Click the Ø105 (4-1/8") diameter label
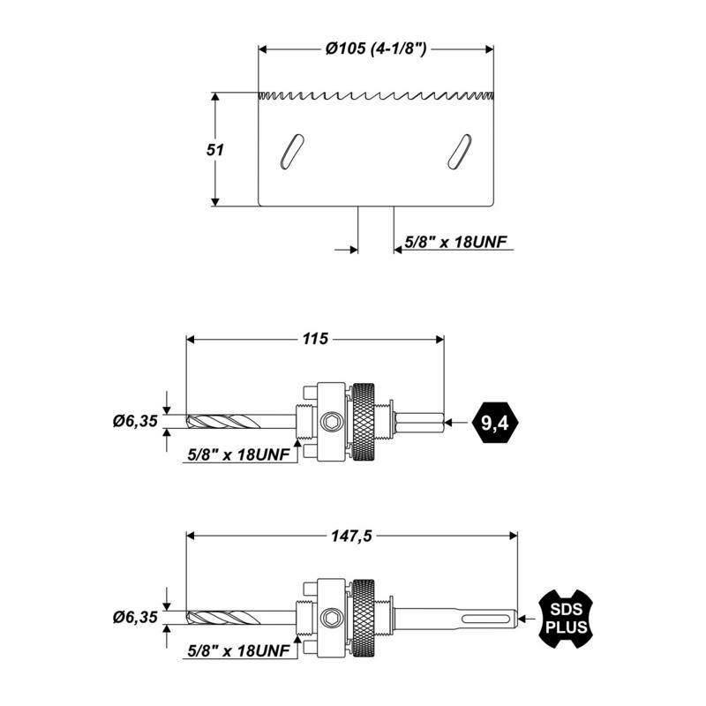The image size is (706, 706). (376, 49)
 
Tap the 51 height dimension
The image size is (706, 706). (214, 149)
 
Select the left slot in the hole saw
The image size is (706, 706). (292, 152)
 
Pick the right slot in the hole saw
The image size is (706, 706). (460, 152)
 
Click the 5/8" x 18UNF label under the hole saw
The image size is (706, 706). (455, 242)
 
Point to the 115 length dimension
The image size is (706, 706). (315, 339)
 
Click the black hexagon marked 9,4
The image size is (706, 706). (495, 423)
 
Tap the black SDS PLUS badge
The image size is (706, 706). (566, 619)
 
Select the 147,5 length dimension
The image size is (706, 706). (351, 536)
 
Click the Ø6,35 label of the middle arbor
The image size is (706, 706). (135, 422)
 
